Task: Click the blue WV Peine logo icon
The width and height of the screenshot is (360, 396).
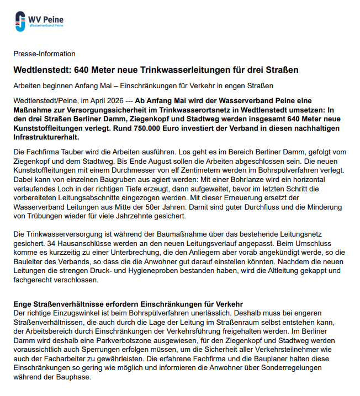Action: (20, 20)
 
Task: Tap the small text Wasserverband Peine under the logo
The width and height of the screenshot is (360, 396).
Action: (47, 25)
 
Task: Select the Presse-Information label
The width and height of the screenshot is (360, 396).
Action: (44, 54)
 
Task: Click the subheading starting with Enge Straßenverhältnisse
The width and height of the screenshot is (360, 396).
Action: (128, 304)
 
